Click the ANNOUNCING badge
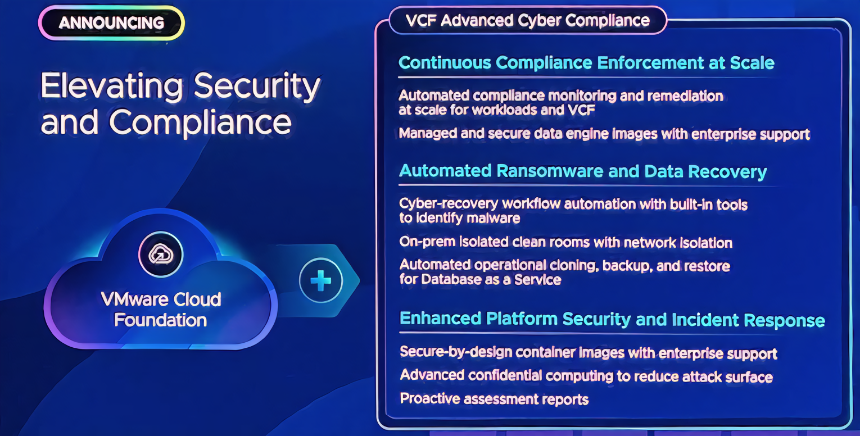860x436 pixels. [111, 22]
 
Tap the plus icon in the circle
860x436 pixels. [320, 280]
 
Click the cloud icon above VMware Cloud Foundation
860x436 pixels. [161, 254]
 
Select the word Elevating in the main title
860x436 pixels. [112, 85]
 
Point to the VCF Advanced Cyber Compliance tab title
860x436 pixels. [527, 20]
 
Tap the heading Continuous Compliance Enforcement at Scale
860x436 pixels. [586, 63]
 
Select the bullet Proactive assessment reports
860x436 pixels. [494, 399]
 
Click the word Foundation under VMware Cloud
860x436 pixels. [161, 320]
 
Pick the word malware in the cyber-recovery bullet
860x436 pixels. [494, 219]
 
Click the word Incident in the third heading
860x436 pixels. [705, 320]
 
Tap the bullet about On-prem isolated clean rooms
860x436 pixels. [565, 242]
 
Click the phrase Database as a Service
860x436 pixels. [491, 279]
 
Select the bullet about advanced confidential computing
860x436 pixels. [586, 376]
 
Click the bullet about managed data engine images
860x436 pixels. [604, 134]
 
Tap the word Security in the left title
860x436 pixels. [257, 87]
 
